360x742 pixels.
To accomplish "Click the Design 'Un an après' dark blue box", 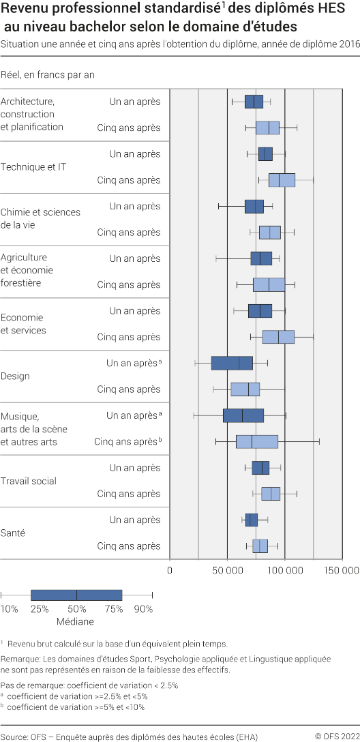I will pyautogui.click(x=232, y=363).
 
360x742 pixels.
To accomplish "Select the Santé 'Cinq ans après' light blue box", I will pyautogui.click(x=260, y=546).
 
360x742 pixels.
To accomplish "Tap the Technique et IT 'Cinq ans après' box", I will pyautogui.click(x=282, y=180).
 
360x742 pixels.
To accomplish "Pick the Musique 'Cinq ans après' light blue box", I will pyautogui.click(x=257, y=441).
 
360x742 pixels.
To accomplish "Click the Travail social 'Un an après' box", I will pyautogui.click(x=260, y=467).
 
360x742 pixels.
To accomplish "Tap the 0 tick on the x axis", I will pyautogui.click(x=170, y=569).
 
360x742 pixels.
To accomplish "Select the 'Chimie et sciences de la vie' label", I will pyautogui.click(x=40, y=218).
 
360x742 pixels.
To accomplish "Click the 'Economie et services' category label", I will pyautogui.click(x=23, y=324).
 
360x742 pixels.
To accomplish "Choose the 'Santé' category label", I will pyautogui.click(x=13, y=533).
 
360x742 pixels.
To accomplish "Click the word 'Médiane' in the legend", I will pyautogui.click(x=76, y=621).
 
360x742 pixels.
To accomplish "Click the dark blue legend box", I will pyautogui.click(x=76, y=595).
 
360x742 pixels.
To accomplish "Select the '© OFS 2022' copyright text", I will pyautogui.click(x=336, y=736).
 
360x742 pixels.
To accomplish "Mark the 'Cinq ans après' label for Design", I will pyautogui.click(x=129, y=389).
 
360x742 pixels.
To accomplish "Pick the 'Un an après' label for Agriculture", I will pyautogui.click(x=135, y=258).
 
